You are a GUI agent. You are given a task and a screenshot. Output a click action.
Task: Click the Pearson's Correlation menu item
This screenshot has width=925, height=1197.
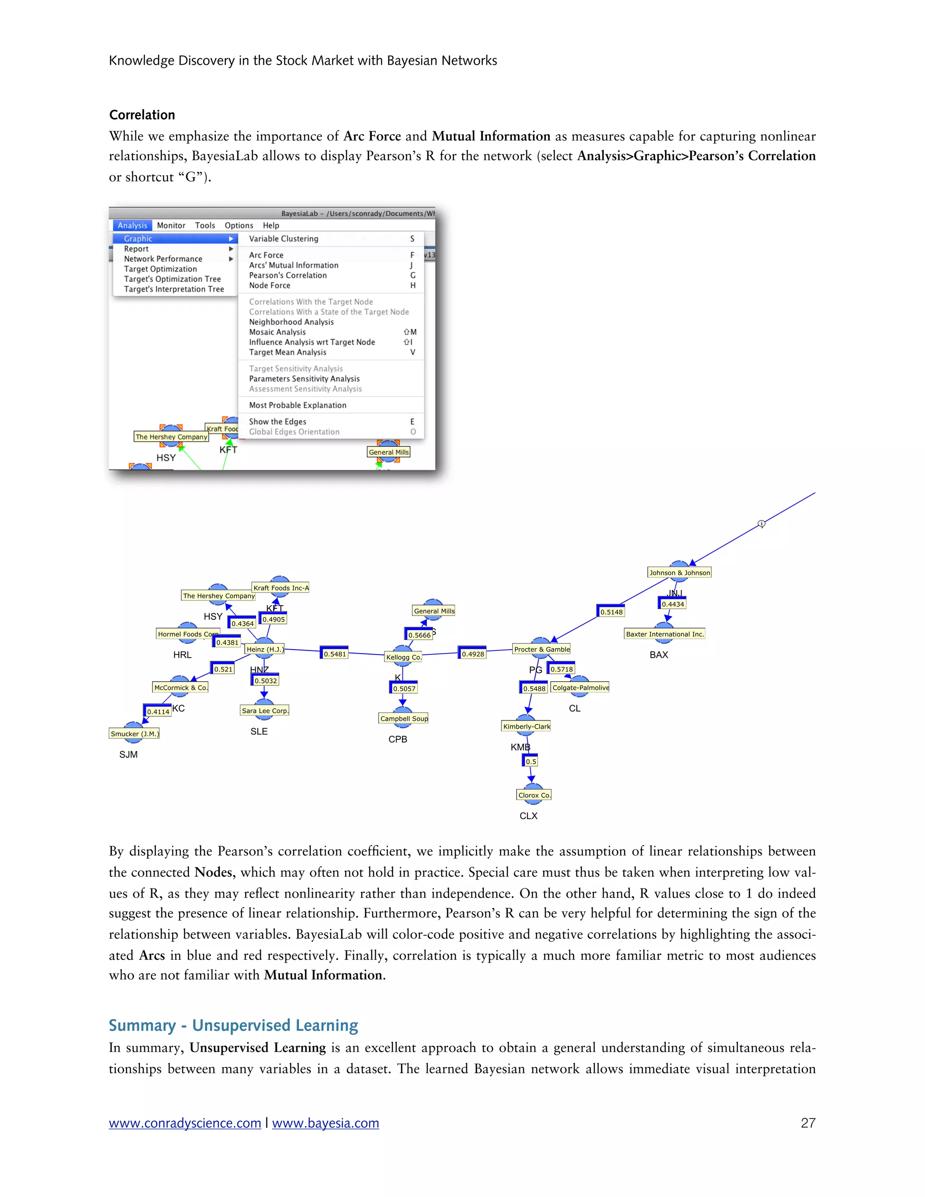[288, 275]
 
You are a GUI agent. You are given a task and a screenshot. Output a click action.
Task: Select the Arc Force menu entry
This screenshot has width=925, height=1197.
[266, 255]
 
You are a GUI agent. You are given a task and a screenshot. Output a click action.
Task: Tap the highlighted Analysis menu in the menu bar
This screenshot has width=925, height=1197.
[132, 225]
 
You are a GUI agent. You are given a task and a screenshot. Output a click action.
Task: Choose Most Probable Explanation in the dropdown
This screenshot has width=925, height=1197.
[298, 405]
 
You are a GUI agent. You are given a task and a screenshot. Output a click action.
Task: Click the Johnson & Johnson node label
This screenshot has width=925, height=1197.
[679, 573]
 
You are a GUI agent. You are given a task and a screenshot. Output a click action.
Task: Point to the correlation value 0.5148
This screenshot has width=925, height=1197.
[611, 612]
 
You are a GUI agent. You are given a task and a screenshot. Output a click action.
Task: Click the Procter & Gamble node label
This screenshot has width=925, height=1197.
[542, 650]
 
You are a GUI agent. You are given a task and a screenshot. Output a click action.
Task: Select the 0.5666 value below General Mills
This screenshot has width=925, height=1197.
[419, 635]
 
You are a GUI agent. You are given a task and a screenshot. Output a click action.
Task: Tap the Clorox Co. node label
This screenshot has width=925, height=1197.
[534, 795]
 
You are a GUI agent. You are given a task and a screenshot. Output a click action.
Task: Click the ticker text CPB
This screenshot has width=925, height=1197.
[398, 739]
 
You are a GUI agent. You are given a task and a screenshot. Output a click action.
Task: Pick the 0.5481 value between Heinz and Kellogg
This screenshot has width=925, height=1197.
[335, 654]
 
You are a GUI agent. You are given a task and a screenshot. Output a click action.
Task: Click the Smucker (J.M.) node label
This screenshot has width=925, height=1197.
[135, 734]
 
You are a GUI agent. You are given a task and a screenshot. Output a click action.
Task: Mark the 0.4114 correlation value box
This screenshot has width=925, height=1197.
[158, 712]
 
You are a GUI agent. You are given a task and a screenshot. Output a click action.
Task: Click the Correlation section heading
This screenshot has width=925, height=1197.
[142, 115]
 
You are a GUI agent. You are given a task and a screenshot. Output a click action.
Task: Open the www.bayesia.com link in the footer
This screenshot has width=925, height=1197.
[326, 1123]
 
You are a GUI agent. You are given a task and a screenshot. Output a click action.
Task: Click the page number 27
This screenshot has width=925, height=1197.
[808, 1123]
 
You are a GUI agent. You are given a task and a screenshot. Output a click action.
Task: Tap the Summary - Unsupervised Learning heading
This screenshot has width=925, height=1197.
[234, 1025]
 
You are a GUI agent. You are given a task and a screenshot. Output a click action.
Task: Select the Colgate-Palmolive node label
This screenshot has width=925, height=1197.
[580, 688]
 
